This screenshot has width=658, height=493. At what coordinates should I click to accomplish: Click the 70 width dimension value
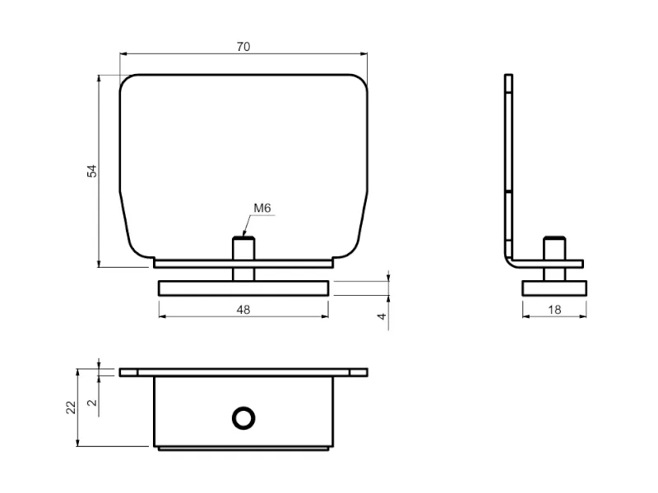(x=243, y=47)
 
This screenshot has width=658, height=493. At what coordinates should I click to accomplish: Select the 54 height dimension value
(x=92, y=171)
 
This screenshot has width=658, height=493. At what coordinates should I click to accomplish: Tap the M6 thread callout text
(x=262, y=208)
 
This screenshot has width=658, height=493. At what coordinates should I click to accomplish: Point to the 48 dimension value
(x=243, y=310)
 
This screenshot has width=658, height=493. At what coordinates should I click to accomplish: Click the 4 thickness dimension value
(x=382, y=316)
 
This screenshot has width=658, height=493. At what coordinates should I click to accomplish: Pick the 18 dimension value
(x=554, y=310)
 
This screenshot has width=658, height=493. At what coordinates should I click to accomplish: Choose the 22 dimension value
(x=71, y=408)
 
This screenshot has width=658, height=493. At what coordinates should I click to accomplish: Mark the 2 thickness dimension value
(x=92, y=403)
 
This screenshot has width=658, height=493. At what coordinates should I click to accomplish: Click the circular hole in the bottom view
(x=243, y=418)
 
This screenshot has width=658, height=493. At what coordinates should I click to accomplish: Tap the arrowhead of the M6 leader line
(x=244, y=234)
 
